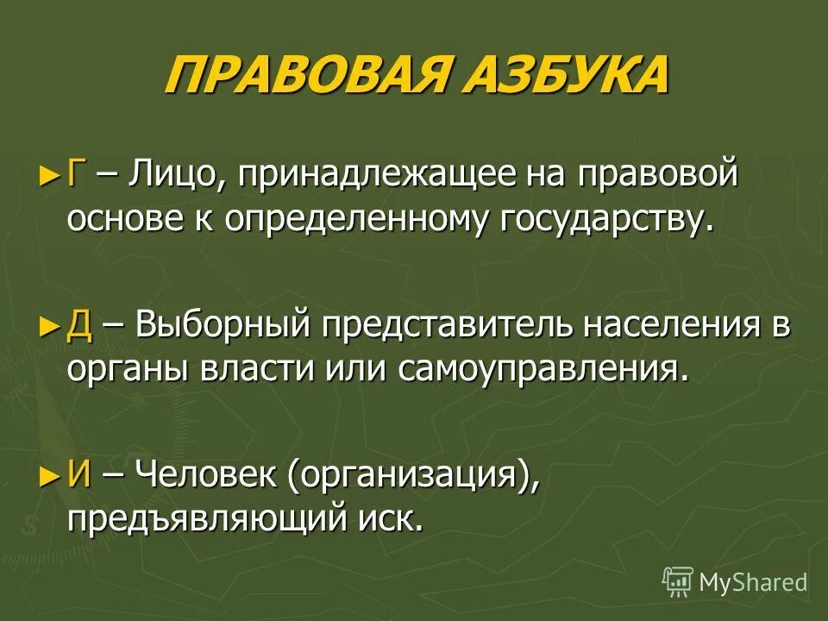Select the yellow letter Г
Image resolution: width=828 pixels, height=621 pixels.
tap(76, 177)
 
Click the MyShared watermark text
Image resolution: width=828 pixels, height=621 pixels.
tap(752, 582)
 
